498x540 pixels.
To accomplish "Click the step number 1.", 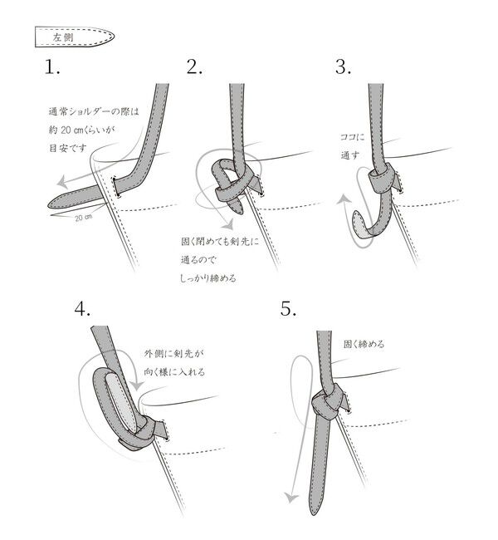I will pyautogui.click(x=53, y=68).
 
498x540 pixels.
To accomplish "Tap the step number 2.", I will pyautogui.click(x=195, y=68).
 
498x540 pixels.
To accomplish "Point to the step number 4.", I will pyautogui.click(x=82, y=310).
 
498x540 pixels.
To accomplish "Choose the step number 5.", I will pyautogui.click(x=288, y=310).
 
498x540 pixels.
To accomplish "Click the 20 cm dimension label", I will pyautogui.click(x=82, y=218).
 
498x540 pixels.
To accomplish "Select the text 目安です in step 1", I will pyautogui.click(x=67, y=150).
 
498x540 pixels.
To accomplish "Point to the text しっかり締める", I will pyautogui.click(x=208, y=278).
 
